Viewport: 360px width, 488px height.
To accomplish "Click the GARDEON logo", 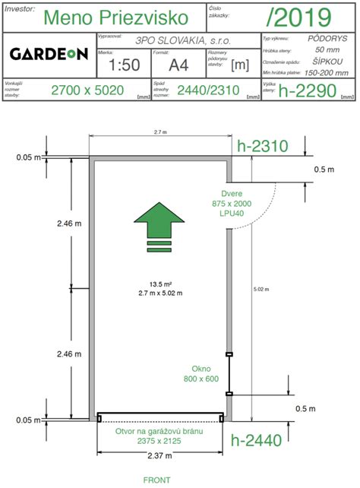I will [x=49, y=54].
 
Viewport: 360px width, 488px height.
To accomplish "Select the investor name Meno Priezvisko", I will [x=118, y=17].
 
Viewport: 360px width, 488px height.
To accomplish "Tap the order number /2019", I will [x=299, y=17].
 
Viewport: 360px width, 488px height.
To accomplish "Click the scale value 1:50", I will [x=125, y=65].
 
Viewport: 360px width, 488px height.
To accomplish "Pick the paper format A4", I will [x=178, y=65].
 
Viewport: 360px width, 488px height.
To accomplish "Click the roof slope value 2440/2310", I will [x=207, y=90].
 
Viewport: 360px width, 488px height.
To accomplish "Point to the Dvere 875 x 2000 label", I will [x=232, y=204].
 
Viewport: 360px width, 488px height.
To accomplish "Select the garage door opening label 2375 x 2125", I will [x=159, y=438].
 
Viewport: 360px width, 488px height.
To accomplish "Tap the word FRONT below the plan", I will [x=157, y=480].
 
